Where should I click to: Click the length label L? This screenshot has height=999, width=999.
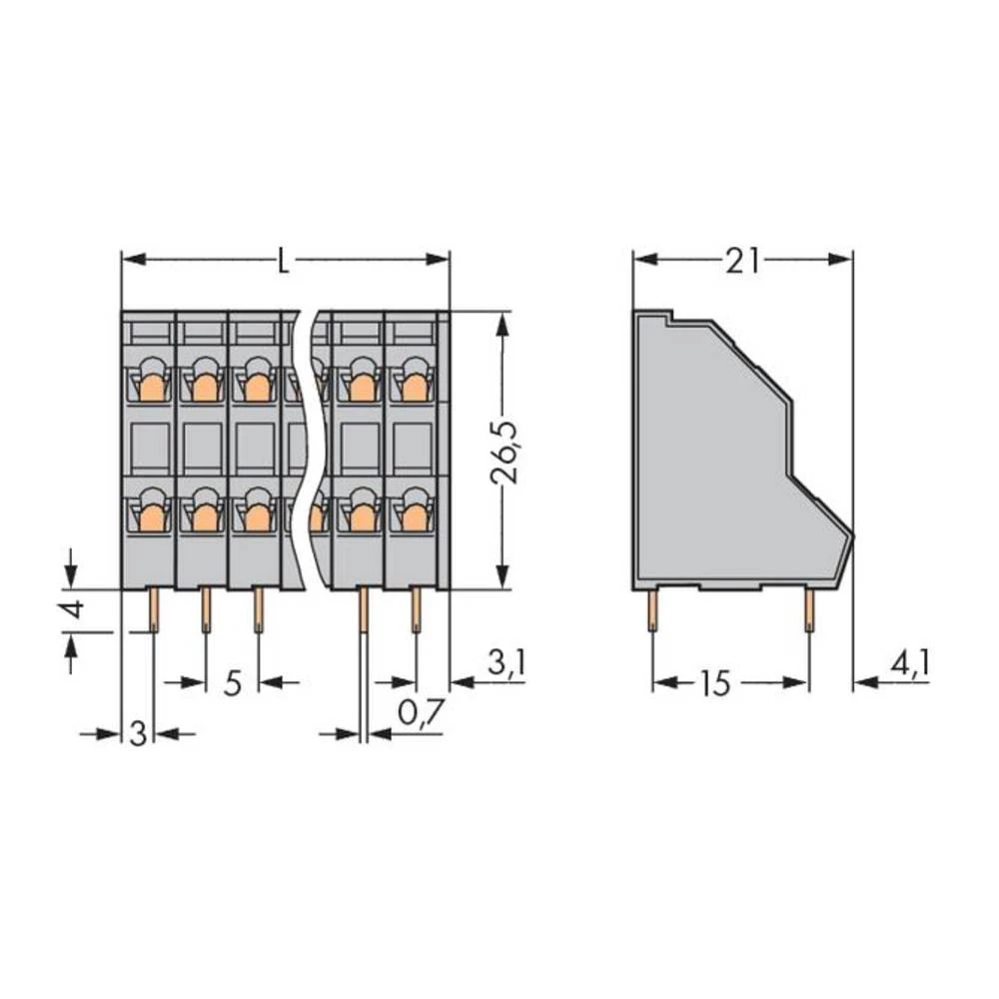pos(285,261)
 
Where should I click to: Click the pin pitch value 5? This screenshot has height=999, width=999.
pos(232,683)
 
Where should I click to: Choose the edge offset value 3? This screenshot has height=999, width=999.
pos(139,734)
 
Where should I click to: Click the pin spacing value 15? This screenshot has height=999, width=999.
pos(714,684)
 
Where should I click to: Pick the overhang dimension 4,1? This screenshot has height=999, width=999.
pos(909,663)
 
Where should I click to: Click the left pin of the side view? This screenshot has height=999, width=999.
pos(652,609)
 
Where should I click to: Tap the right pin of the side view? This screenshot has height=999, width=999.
pos(808,609)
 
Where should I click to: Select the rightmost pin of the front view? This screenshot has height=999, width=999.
pos(415,609)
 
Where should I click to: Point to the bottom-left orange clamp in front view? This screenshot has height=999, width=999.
pos(151,514)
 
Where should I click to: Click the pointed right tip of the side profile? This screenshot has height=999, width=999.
pos(852,533)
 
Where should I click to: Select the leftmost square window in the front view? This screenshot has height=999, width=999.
pos(150,448)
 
